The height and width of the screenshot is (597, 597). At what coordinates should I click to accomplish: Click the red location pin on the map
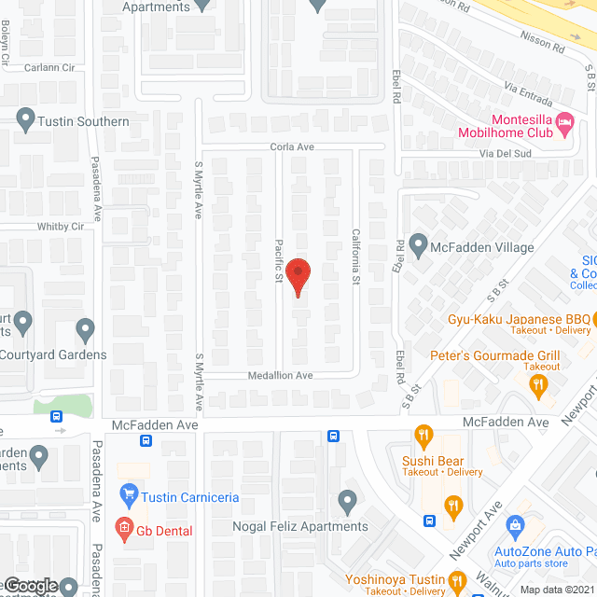tap(298, 276)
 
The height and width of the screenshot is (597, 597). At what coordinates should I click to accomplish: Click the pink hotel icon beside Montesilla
tap(563, 121)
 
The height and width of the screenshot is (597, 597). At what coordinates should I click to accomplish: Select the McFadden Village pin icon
tap(418, 247)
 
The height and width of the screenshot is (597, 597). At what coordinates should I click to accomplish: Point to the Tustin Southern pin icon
tap(26, 120)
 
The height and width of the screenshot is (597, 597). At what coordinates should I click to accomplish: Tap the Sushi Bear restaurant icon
tap(423, 436)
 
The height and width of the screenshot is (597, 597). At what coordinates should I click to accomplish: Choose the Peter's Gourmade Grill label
tap(494, 355)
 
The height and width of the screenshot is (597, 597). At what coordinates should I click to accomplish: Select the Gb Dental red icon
tap(123, 530)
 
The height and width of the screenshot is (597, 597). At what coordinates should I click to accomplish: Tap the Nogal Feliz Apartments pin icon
tap(347, 502)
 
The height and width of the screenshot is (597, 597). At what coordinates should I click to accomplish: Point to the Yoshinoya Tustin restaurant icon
tap(457, 582)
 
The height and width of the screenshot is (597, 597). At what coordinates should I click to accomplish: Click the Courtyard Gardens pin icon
tap(86, 329)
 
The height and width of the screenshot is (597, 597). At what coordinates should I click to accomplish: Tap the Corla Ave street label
tap(293, 146)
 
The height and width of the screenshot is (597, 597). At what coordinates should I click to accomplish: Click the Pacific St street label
tap(278, 259)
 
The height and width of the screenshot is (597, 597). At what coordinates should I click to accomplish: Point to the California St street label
tap(355, 257)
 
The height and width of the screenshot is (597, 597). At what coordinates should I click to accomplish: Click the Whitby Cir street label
tap(62, 226)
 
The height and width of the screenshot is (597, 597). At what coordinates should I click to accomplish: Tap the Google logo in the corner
tap(30, 586)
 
